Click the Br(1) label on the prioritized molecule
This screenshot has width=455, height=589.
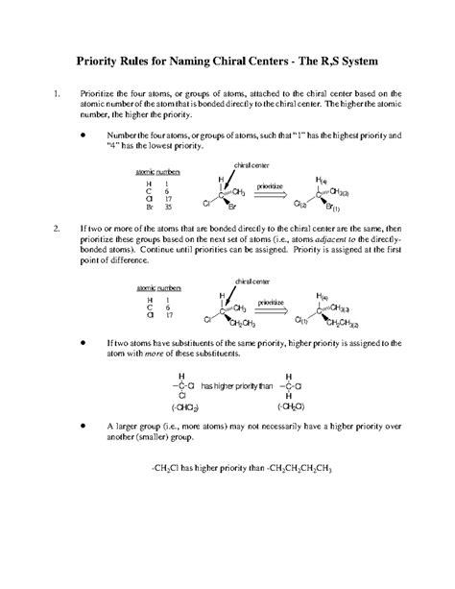click(x=364, y=209)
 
